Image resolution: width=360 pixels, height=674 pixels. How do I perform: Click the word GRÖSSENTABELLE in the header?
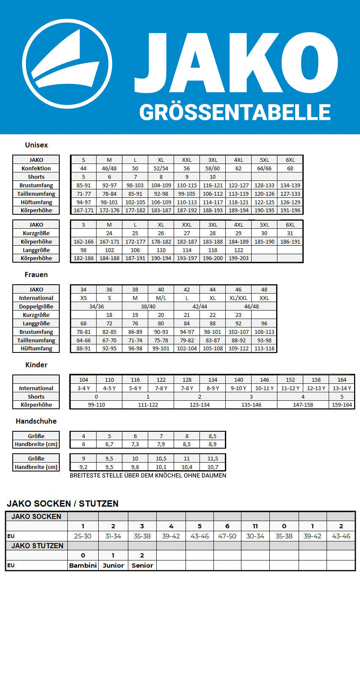(235, 113)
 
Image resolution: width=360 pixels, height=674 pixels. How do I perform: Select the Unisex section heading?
(36, 145)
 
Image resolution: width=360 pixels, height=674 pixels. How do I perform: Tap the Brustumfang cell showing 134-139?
(290, 185)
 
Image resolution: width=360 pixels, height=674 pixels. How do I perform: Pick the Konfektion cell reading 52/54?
(161, 168)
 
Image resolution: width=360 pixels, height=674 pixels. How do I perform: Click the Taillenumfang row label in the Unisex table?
(36, 194)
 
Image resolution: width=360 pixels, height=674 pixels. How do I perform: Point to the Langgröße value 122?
(238, 250)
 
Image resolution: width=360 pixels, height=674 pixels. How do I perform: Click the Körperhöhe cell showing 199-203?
(238, 258)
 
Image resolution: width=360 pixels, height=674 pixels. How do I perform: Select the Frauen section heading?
(36, 275)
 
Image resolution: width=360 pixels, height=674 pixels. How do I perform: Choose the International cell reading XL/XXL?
(238, 298)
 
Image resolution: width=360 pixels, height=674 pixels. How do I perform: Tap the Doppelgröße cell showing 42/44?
(199, 306)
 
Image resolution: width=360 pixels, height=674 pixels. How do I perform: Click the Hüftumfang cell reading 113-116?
(264, 348)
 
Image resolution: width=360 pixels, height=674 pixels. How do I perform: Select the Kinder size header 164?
(342, 380)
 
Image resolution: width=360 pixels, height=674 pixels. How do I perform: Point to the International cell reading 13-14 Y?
(342, 388)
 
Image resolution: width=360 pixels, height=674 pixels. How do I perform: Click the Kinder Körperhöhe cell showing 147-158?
(303, 405)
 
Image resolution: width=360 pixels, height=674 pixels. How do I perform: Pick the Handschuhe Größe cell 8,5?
(213, 436)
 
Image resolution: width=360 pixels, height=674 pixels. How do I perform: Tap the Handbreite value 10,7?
(213, 467)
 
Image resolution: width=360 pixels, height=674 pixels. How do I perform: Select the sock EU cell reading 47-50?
(227, 536)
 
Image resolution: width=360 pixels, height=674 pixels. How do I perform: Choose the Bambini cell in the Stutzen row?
(83, 565)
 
